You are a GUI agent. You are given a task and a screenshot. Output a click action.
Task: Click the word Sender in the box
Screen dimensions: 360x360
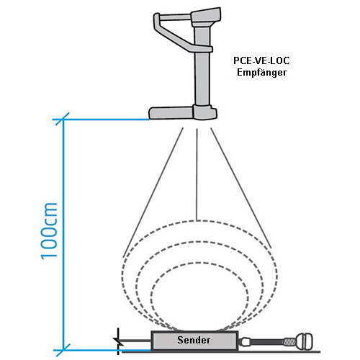pos(194,340)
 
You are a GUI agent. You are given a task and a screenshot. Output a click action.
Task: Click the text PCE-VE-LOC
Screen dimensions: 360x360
pos(261,60)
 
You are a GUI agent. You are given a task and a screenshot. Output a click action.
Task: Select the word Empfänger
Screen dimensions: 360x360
pos(261,73)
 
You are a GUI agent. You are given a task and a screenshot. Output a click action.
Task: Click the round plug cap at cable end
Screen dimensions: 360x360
pos(305,341)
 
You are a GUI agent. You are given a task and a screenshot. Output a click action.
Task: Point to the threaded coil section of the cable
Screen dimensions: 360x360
pos(289,341)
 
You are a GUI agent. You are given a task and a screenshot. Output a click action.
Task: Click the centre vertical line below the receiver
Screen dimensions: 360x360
pos(197,174)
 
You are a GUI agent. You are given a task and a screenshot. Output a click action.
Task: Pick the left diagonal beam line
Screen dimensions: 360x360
pos(153,192)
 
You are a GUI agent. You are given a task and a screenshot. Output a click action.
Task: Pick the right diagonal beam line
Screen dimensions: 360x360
pos(241,188)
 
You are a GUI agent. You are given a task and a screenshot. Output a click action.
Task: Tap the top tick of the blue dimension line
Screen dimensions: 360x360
pos(63,119)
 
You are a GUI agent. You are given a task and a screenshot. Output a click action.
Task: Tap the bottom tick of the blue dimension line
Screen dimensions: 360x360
pos(63,350)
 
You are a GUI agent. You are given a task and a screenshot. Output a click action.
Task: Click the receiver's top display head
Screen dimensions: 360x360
pos(206,17)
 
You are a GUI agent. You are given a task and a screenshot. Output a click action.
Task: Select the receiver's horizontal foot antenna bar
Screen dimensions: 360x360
pos(171,113)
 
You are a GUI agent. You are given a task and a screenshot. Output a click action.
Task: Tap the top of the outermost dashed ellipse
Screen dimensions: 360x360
pos(197,221)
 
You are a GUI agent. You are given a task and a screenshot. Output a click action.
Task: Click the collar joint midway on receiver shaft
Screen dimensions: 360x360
pos(203,49)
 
